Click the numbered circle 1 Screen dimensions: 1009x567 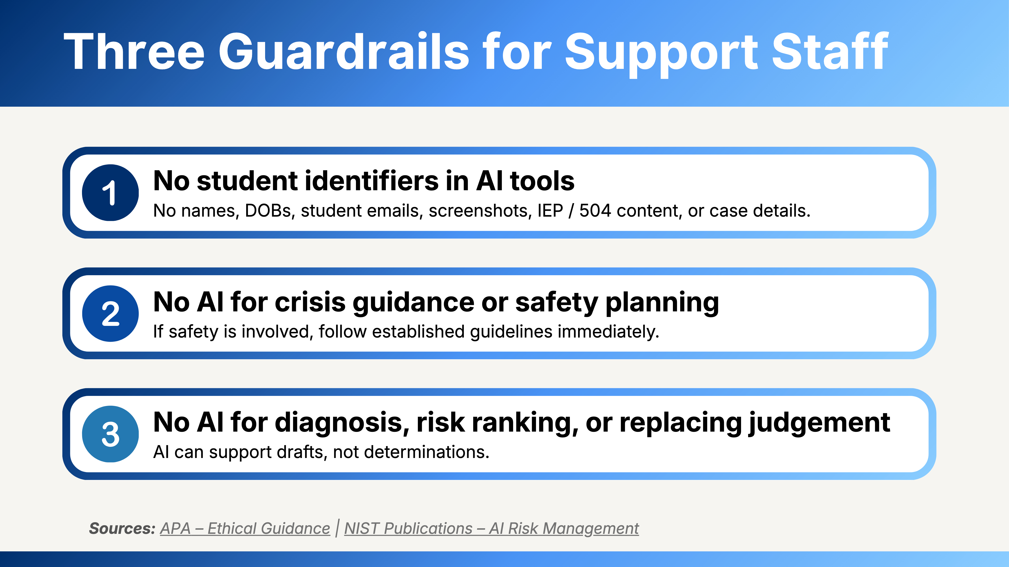click(x=110, y=193)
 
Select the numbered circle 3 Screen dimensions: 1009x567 click(x=110, y=434)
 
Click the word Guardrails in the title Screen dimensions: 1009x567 click(x=344, y=51)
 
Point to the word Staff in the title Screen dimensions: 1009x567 click(x=830, y=51)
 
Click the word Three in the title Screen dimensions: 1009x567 click(x=134, y=51)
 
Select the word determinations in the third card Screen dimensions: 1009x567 click(x=427, y=452)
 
